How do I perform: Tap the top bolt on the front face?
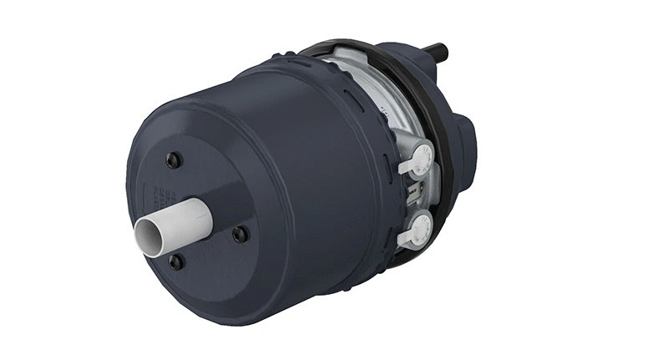click(173, 160)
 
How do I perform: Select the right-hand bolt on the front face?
click(240, 234)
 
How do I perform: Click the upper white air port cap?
click(422, 156)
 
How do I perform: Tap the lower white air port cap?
click(420, 226)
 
